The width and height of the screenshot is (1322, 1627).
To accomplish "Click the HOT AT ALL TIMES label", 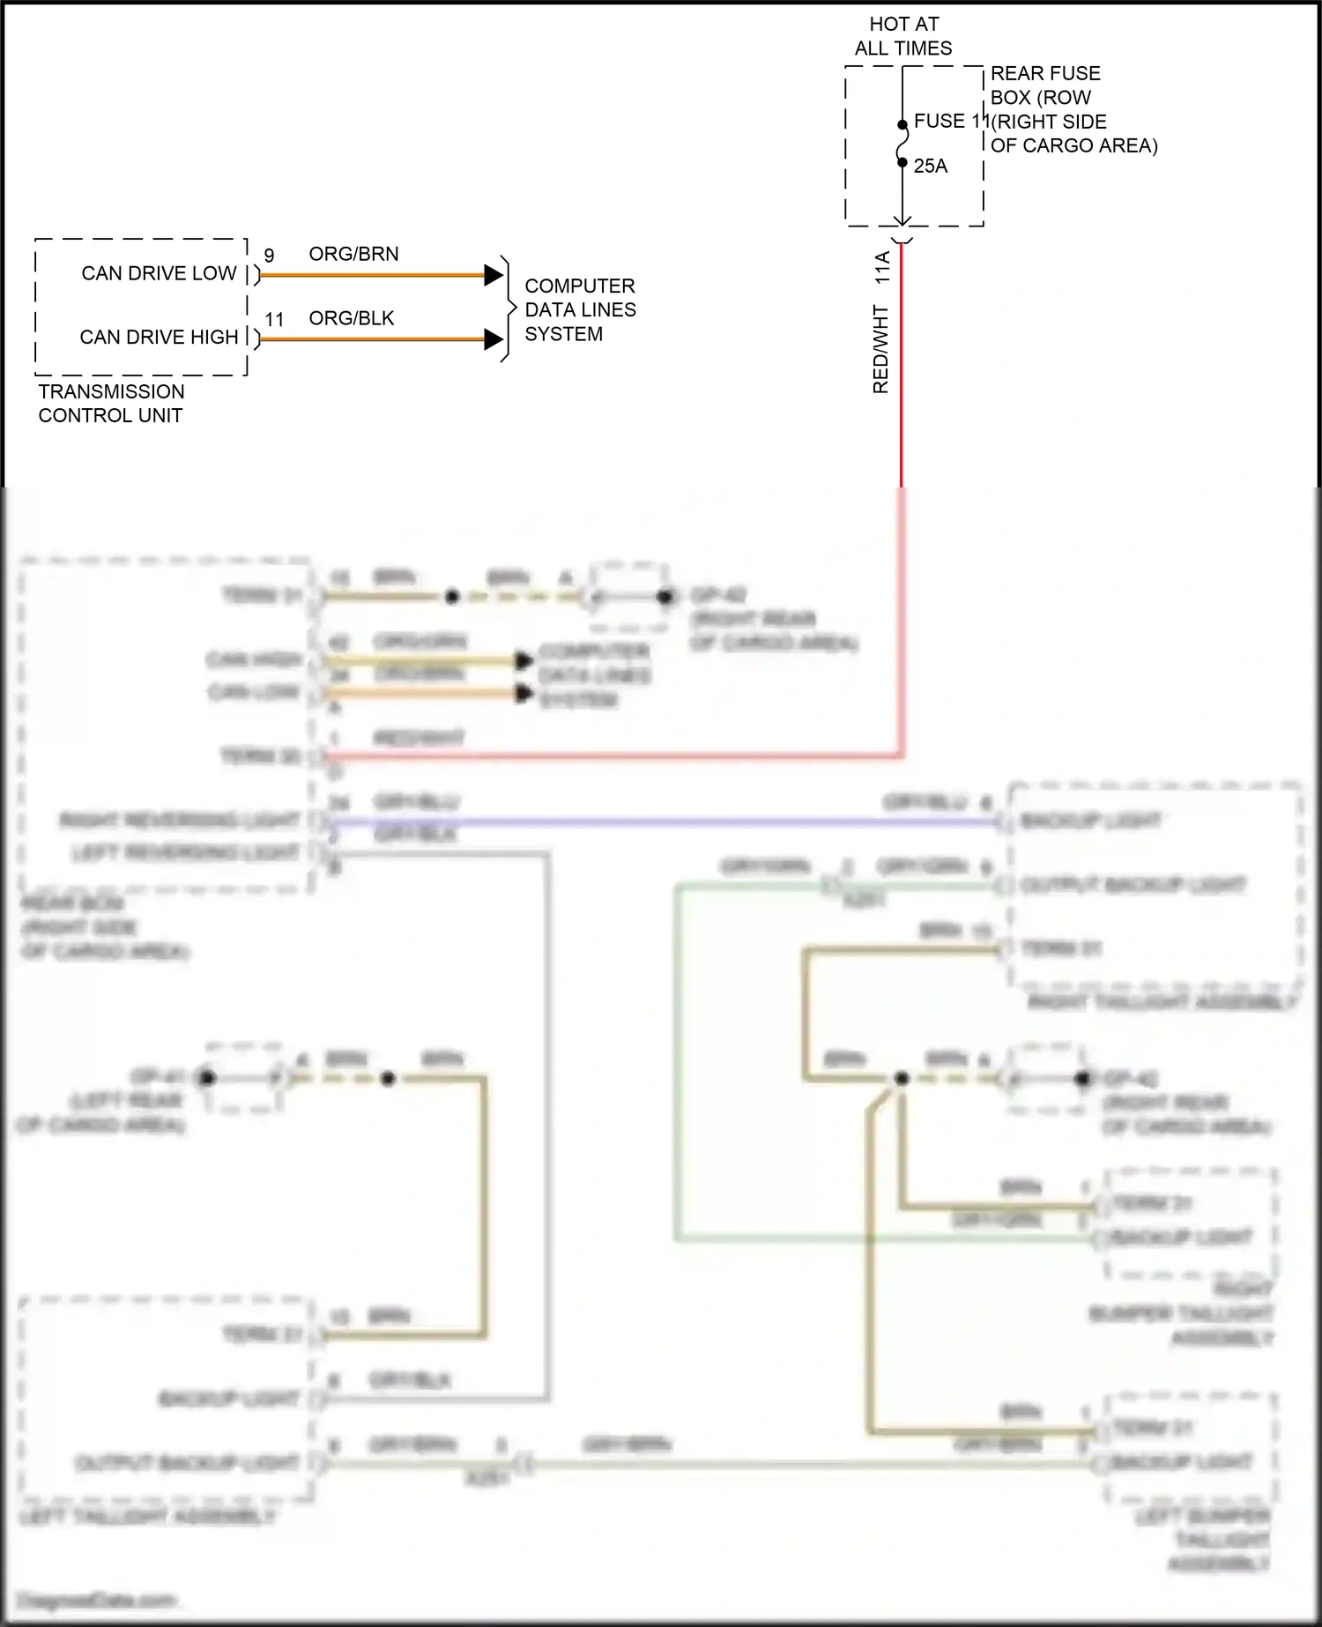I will point(903,36).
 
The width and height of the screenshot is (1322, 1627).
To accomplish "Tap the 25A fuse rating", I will point(930,166).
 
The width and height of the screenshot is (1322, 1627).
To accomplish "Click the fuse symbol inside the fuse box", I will point(902,144).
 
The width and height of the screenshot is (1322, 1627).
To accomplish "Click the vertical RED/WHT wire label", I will point(880,349).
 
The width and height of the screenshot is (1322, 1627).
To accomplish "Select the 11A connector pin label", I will point(882,267).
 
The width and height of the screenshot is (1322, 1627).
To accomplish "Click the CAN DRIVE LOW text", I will point(159,273).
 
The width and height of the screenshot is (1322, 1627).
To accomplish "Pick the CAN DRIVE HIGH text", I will point(159,337).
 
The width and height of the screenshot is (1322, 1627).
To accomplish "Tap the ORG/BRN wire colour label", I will point(353,254).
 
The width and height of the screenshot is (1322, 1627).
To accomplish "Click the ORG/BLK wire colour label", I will point(351,318).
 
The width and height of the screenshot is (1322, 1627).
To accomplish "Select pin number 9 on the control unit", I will point(269,255).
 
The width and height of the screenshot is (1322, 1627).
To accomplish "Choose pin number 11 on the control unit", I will point(274,319).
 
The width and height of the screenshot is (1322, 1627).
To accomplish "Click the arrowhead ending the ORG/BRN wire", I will point(494,275).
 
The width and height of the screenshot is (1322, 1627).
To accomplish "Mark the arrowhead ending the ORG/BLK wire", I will point(494,339).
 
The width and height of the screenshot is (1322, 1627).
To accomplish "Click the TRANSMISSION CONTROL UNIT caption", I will point(111,403).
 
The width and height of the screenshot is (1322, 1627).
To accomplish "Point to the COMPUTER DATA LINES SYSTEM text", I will point(579,309).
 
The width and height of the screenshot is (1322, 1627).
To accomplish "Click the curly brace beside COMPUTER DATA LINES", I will point(508,308).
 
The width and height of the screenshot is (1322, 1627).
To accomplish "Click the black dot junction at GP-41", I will point(207,1077).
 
